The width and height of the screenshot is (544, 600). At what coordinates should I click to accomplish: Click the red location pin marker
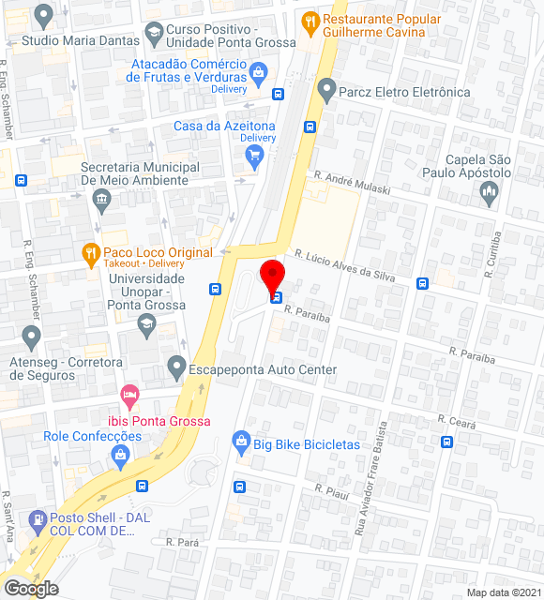point(271,277)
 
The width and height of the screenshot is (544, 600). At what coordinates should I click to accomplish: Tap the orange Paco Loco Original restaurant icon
point(90,252)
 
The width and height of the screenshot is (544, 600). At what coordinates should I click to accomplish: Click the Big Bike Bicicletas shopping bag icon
point(241,441)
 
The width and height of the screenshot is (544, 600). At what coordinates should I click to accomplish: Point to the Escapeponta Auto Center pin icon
point(175,367)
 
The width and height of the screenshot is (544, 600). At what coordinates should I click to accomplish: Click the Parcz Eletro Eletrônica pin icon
point(326,90)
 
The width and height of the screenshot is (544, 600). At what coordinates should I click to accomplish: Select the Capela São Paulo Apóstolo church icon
point(488,193)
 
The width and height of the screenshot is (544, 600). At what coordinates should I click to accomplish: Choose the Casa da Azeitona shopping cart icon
point(252,157)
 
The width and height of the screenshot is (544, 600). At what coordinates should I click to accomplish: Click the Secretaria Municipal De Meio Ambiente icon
point(102,199)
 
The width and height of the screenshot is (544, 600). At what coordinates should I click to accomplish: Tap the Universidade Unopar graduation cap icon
point(145,324)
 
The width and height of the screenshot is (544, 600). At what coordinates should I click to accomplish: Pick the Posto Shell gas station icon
point(38,518)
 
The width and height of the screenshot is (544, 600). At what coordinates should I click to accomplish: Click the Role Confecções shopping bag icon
point(120,457)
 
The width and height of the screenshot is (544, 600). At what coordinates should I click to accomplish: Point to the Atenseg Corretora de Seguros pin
point(31,337)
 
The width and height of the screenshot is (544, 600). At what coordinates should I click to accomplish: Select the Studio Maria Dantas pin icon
point(43,15)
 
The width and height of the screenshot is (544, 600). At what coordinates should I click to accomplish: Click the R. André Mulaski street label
point(352,181)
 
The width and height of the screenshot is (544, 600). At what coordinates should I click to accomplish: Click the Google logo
point(30,589)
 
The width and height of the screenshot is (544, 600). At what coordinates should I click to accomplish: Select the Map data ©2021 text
point(504,592)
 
